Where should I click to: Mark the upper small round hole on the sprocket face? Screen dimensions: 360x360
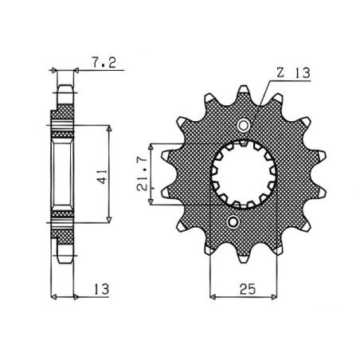click(x=244, y=125)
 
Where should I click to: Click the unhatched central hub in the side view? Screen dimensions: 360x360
click(x=64, y=172)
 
